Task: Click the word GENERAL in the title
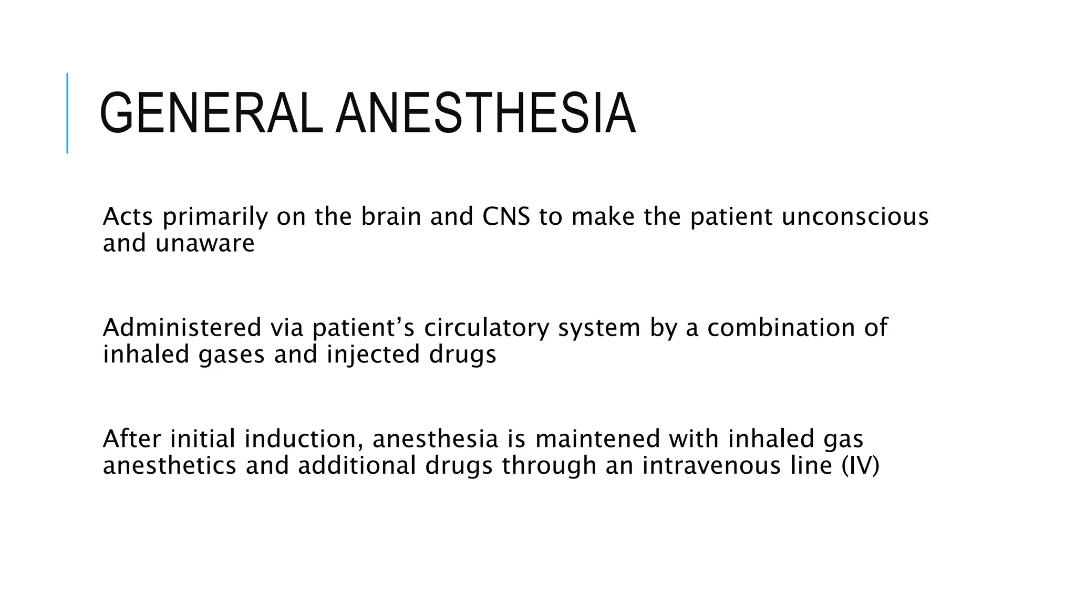pos(210,114)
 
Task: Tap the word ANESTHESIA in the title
pos(485,114)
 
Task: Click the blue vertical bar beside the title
pos(67,113)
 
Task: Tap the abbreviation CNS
pos(506,216)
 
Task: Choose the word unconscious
pos(855,216)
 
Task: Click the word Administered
pos(182,328)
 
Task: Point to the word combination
pos(781,328)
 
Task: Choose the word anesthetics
pos(170,466)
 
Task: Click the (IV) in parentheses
pos(860,466)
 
